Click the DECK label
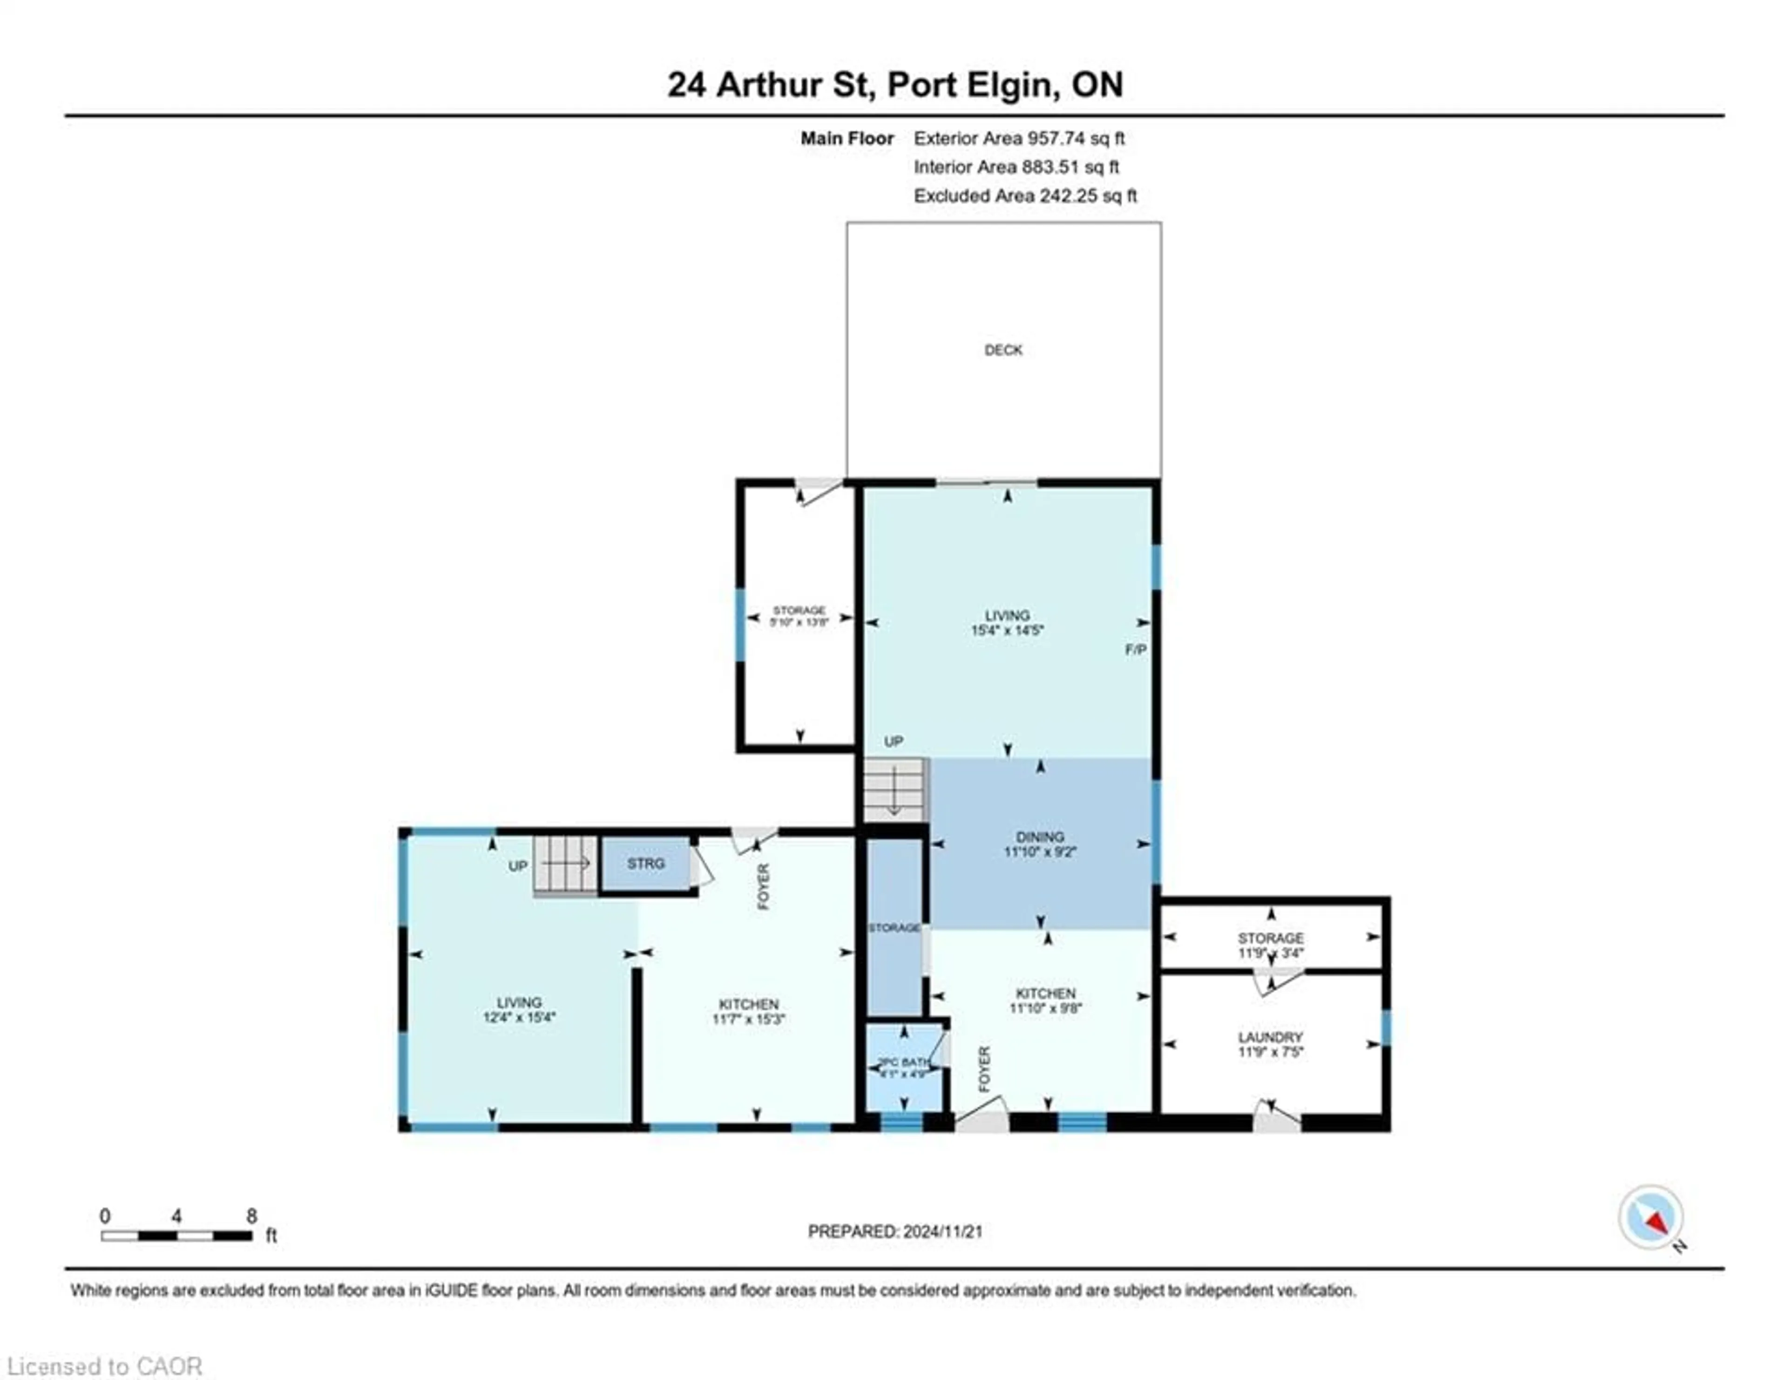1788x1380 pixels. (x=1003, y=350)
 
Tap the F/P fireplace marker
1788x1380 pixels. (x=1135, y=649)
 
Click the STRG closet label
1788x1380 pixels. (x=646, y=864)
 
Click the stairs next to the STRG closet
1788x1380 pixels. (x=565, y=864)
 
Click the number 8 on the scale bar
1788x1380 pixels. (x=251, y=1216)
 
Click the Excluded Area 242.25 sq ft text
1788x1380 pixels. (x=1025, y=196)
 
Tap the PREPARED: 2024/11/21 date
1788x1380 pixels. (x=895, y=1231)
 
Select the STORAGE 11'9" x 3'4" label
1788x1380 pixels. (x=1271, y=945)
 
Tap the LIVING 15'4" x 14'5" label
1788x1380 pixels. (x=1007, y=622)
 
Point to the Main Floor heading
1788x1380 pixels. (x=847, y=138)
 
